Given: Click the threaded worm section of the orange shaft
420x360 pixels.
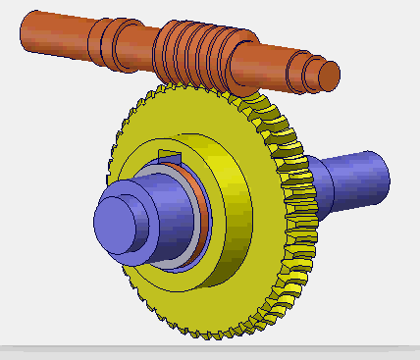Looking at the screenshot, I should [201, 54].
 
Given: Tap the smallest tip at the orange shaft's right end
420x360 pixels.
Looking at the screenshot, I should [331, 73].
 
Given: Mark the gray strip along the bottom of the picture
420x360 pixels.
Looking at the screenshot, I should [210, 351].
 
